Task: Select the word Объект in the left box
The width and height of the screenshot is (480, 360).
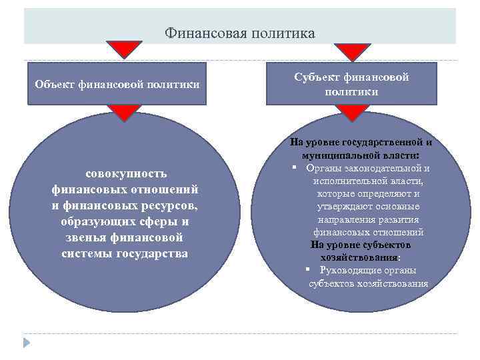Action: (x=55, y=85)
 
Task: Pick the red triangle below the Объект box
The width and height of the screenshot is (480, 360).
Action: (x=123, y=113)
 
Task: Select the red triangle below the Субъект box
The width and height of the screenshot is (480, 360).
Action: (x=351, y=113)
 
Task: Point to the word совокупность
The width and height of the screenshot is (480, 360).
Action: (x=125, y=174)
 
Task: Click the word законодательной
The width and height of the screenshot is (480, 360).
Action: (x=383, y=167)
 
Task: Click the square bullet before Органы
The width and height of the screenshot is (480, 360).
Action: (x=294, y=167)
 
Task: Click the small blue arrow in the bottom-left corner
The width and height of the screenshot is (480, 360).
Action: (x=27, y=343)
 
